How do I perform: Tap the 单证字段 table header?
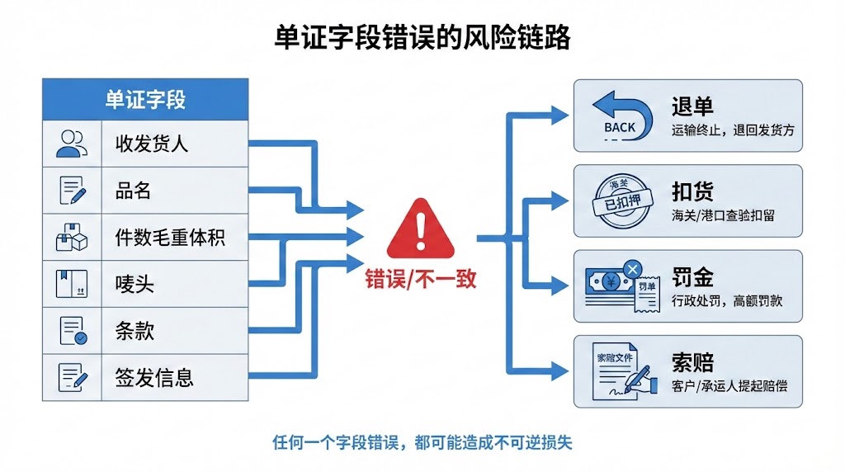coord(145,99)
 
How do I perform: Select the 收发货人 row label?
coord(152,144)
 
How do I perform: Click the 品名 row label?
coord(134,191)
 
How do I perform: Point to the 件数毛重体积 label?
coord(170,238)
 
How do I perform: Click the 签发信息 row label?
coord(154,379)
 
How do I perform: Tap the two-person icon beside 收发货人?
coord(72,144)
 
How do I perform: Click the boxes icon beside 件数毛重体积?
coord(72,238)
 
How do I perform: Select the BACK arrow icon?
coord(620,116)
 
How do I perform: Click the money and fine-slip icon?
coord(621,286)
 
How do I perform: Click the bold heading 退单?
coord(692,106)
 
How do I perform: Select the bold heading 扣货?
coord(692,191)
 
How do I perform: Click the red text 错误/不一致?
coord(421,279)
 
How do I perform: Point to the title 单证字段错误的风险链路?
coord(422,38)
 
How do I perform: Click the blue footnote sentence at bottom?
coord(422,441)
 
